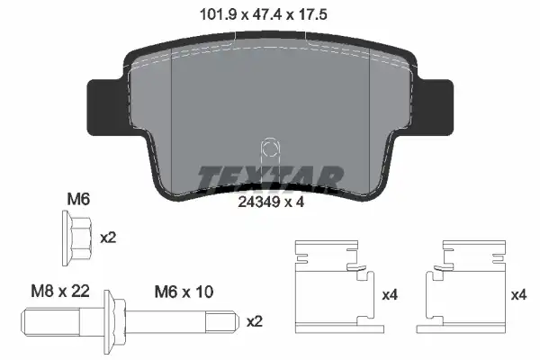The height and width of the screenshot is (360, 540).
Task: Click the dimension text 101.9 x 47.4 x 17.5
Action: point(264,14)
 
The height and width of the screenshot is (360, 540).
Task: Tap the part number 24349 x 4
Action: point(271,202)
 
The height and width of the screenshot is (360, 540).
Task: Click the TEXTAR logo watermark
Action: point(270,178)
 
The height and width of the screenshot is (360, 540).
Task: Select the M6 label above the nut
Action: point(78,200)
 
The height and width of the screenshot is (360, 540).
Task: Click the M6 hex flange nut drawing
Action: point(77,238)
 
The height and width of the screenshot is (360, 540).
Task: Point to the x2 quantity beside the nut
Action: point(108,238)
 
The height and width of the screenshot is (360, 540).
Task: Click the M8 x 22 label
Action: point(60,291)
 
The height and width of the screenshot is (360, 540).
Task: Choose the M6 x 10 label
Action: point(184,292)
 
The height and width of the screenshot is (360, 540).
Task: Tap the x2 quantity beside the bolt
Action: point(255,322)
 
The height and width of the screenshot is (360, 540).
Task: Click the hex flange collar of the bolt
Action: point(114,322)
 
